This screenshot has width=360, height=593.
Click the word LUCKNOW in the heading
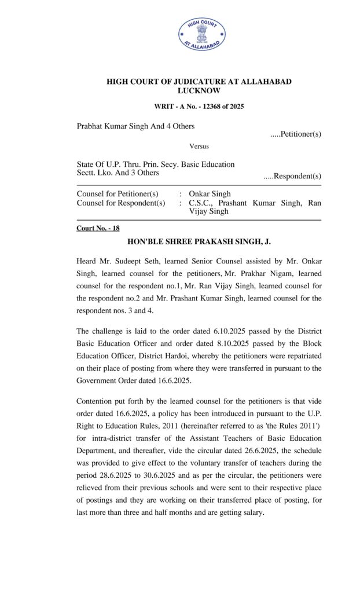pyautogui.click(x=199, y=91)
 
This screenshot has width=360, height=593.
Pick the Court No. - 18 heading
pyautogui.click(x=98, y=228)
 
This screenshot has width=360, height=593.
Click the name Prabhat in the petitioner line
pyautogui.click(x=91, y=126)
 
